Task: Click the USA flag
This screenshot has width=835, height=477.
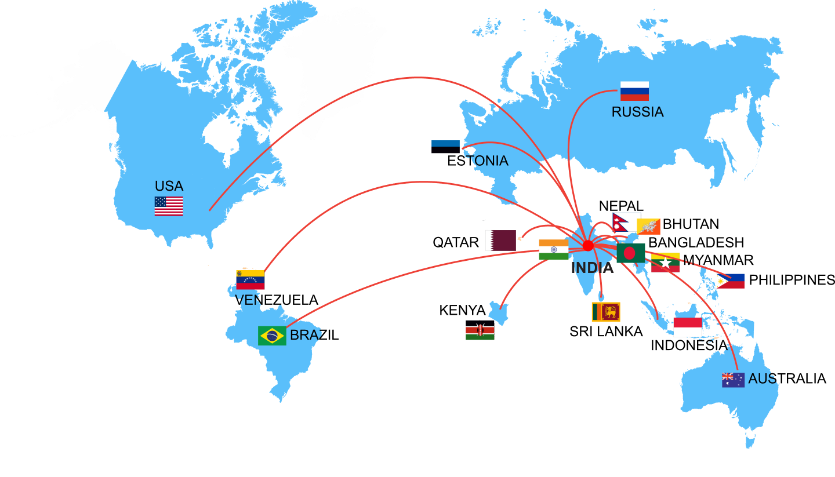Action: [169, 206]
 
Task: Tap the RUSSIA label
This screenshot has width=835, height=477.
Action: [637, 112]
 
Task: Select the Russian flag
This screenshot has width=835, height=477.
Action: [634, 91]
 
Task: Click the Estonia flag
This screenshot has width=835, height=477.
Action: [445, 147]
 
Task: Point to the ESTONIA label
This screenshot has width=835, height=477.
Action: [478, 161]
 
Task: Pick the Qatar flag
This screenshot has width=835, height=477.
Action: [501, 241]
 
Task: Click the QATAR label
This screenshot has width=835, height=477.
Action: [456, 242]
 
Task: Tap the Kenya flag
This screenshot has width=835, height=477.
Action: [480, 330]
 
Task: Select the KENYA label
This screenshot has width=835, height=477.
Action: [462, 311]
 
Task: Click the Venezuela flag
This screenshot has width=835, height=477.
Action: [250, 280]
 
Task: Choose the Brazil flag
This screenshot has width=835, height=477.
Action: [272, 336]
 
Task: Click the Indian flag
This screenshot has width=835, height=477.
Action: [554, 249]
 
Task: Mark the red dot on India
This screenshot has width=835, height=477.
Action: [588, 246]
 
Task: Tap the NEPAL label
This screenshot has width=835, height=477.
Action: [621, 206]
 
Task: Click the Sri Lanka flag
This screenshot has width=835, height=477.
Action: [606, 312]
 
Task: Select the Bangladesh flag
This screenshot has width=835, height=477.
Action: [630, 253]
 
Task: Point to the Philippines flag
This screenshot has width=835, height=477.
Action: [731, 281]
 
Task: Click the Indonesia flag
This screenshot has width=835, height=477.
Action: [688, 327]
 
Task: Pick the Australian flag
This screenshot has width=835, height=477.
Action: [733, 380]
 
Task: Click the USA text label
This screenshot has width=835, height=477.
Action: [169, 187]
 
